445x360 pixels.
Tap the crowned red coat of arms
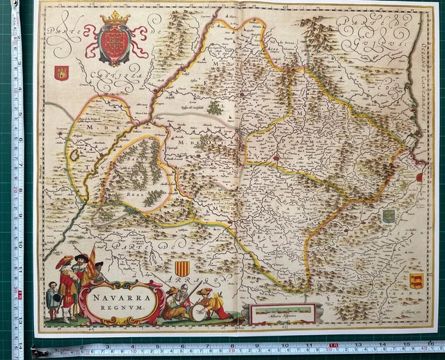115,42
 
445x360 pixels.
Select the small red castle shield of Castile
61,73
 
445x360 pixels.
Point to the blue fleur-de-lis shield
389,216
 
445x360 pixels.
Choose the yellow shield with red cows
415,281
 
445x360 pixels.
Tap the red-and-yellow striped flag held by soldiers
91,259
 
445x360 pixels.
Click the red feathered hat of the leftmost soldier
65,261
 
